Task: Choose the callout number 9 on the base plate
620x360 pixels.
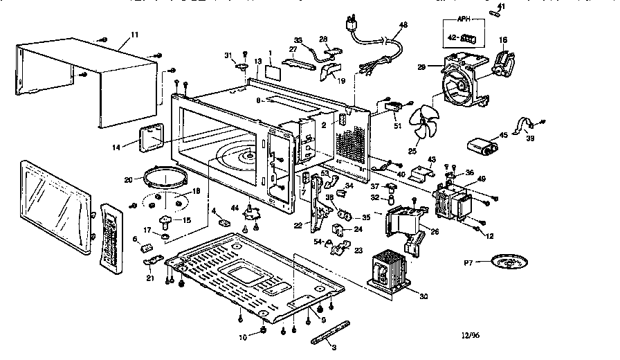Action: click(x=322, y=320)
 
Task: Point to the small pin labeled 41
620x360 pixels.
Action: click(x=495, y=13)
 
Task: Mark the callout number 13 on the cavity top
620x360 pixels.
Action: click(x=257, y=62)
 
